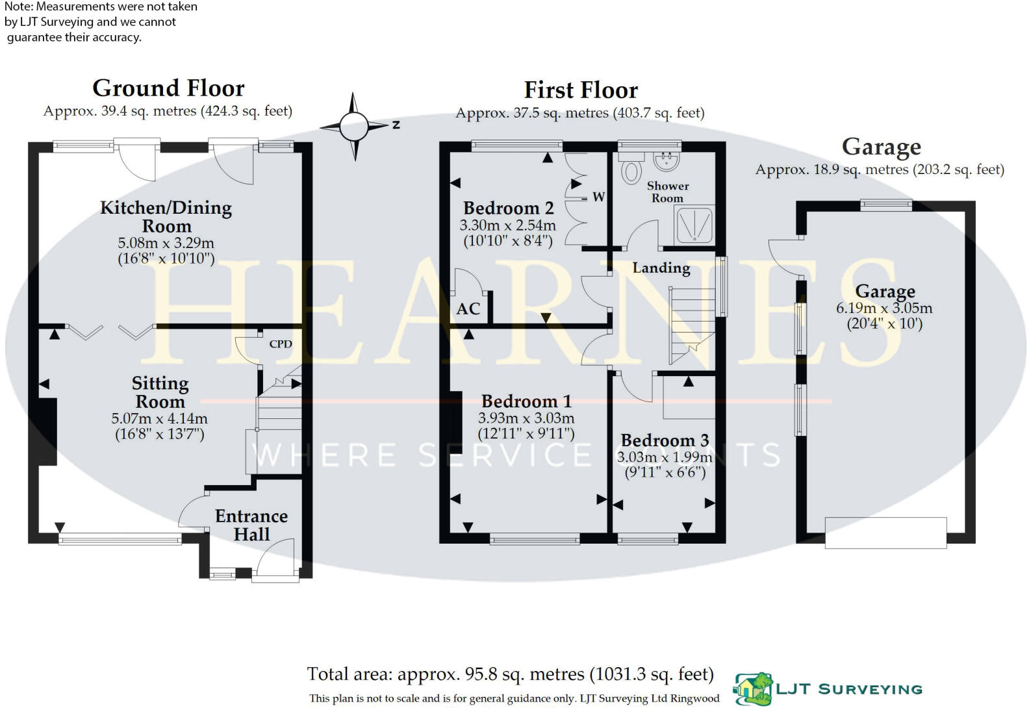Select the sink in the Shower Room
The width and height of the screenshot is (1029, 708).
[666, 158]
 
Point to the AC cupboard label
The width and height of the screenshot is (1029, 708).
[468, 309]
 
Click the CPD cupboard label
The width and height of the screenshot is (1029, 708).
[281, 344]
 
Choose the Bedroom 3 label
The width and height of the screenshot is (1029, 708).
[664, 440]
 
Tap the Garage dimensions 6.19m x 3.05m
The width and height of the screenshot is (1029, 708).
[883, 308]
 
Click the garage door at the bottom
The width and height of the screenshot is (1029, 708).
[885, 532]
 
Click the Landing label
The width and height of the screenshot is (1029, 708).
[661, 268]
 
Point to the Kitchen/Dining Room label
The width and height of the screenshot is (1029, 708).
[166, 216]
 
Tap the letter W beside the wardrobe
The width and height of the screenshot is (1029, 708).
[598, 196]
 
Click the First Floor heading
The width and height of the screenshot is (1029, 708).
[581, 90]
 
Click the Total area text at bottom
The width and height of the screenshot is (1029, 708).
[510, 674]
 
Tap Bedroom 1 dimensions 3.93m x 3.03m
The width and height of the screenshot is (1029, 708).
[526, 418]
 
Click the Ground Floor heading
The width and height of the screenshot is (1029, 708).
[168, 88]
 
